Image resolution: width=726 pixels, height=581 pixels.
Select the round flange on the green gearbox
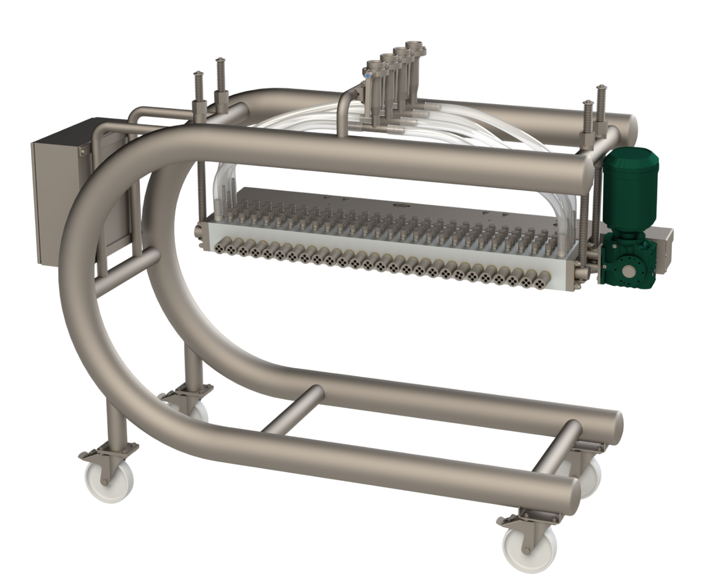click(x=630, y=267)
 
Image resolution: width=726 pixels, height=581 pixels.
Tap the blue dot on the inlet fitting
click(x=368, y=74)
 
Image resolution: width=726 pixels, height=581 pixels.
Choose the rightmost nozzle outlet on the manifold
click(x=543, y=278)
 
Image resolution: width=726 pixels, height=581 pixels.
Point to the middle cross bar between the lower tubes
click(x=292, y=409)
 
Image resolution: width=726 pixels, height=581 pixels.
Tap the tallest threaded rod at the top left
click(x=219, y=74)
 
